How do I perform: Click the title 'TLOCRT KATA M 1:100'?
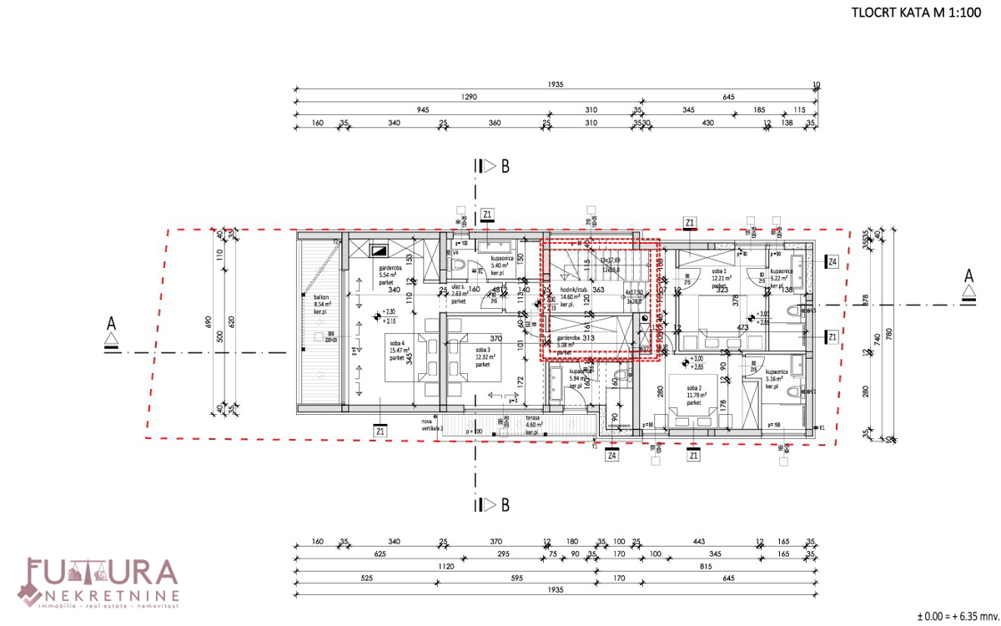(x=918, y=13)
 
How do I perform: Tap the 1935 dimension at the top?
(x=554, y=84)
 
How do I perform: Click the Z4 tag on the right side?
(x=832, y=261)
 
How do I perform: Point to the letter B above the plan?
(x=506, y=166)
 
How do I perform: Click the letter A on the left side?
(x=111, y=321)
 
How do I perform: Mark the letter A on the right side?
(x=968, y=275)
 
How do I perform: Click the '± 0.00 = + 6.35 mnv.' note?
(x=957, y=616)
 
